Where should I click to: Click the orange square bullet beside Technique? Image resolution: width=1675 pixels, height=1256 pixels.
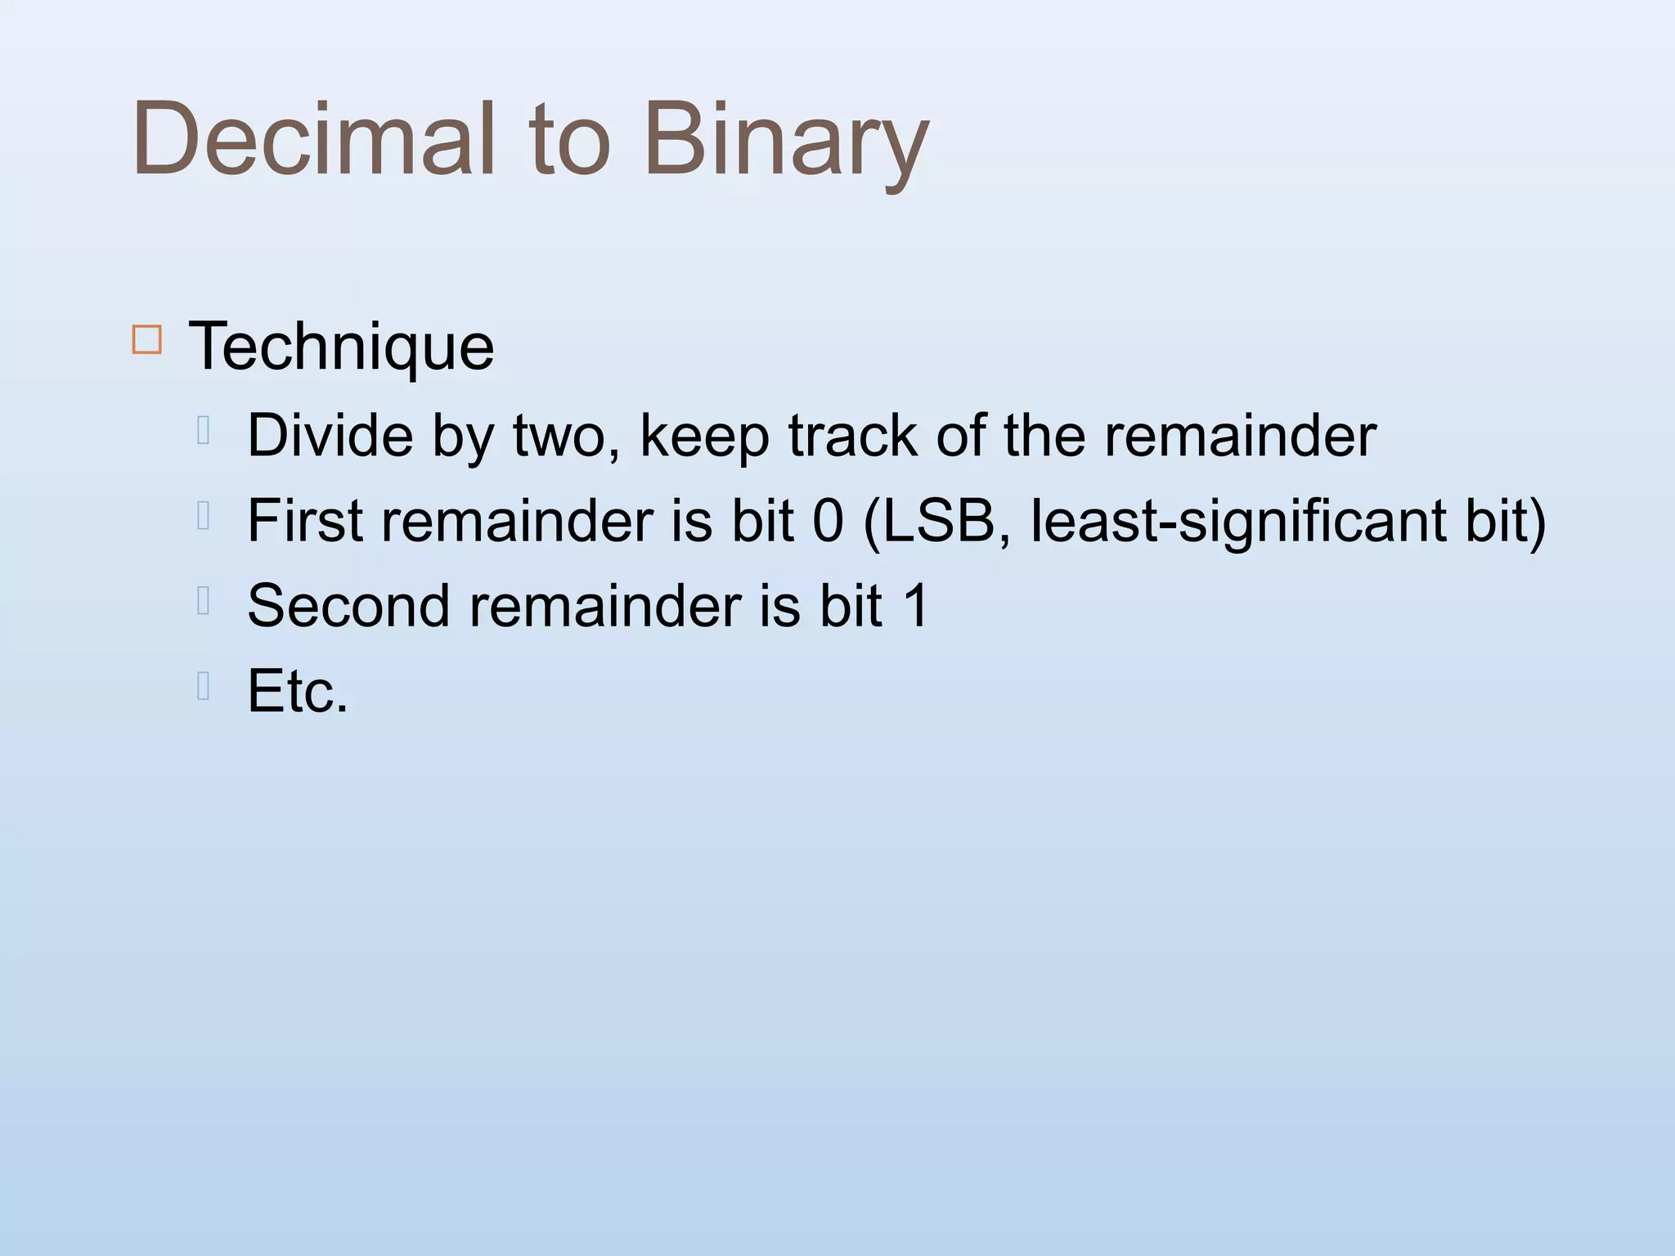[x=146, y=339]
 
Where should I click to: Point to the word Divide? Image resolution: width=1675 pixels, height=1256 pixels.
[x=330, y=436]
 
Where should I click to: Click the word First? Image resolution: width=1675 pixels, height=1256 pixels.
[x=305, y=521]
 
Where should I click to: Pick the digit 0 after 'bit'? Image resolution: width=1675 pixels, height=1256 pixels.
[x=828, y=521]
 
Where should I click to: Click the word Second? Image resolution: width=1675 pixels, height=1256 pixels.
[x=348, y=606]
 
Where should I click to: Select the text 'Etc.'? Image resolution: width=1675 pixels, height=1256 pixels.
[x=298, y=692]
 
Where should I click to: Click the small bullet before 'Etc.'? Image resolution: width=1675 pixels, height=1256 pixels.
[x=204, y=686]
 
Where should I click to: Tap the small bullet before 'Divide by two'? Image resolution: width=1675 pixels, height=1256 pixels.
[x=204, y=430]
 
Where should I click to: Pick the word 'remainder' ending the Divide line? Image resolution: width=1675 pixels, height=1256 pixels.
[x=1240, y=436]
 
